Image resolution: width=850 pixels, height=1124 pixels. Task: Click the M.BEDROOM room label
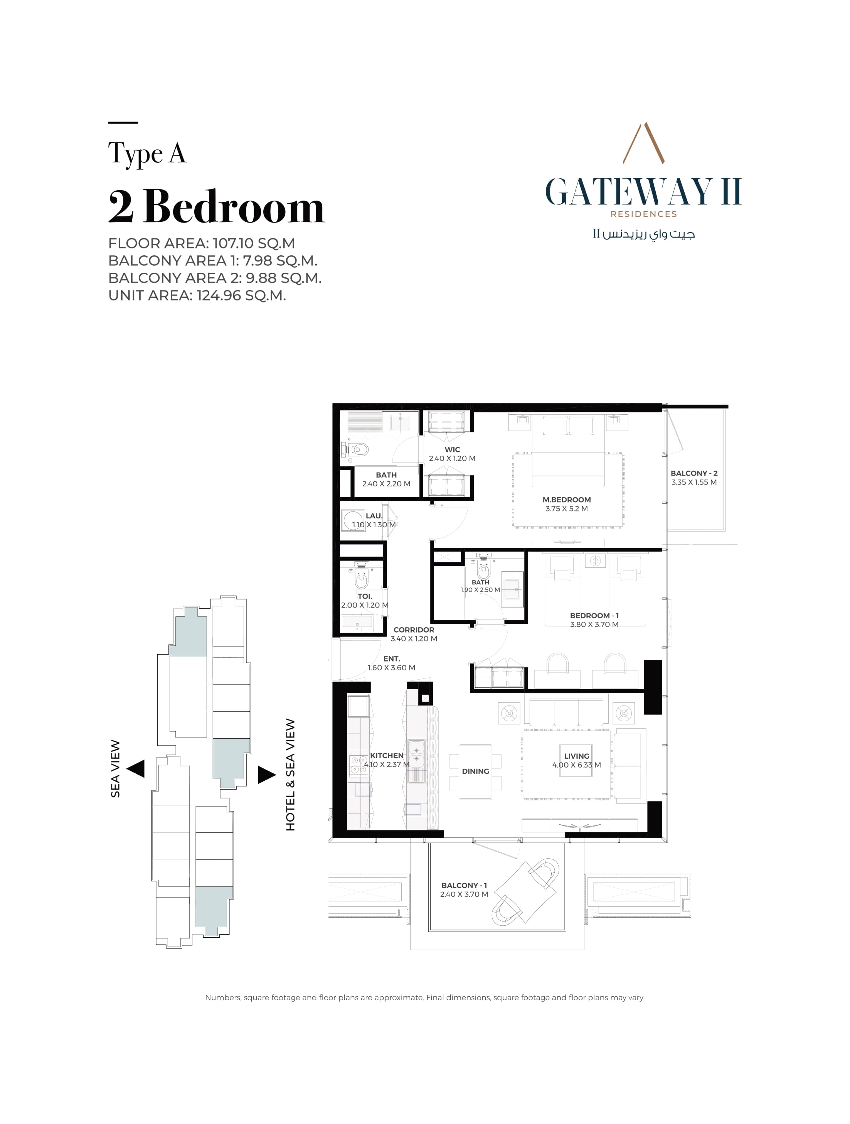click(x=566, y=500)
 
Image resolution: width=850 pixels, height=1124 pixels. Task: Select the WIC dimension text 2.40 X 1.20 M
click(x=452, y=458)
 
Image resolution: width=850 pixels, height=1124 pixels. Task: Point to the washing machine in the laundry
click(x=352, y=521)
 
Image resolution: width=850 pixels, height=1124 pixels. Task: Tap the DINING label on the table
click(x=475, y=771)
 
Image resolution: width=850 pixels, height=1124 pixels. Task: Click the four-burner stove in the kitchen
click(x=359, y=765)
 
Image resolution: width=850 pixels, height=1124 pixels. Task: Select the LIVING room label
click(x=576, y=756)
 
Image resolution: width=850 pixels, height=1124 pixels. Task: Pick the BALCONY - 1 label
click(x=464, y=885)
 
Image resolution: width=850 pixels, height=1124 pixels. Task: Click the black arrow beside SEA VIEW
click(x=136, y=769)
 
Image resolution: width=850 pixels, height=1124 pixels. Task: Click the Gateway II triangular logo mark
click(x=644, y=143)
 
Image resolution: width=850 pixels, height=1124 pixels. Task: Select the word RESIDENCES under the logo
click(x=644, y=214)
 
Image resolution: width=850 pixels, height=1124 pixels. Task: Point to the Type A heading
click(x=147, y=154)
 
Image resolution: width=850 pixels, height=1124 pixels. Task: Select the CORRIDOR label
click(x=414, y=630)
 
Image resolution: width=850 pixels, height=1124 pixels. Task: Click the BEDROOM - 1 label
click(x=594, y=615)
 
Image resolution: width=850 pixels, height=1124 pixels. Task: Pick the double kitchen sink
click(x=416, y=754)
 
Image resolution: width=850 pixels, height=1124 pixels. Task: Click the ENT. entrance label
click(x=392, y=658)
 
